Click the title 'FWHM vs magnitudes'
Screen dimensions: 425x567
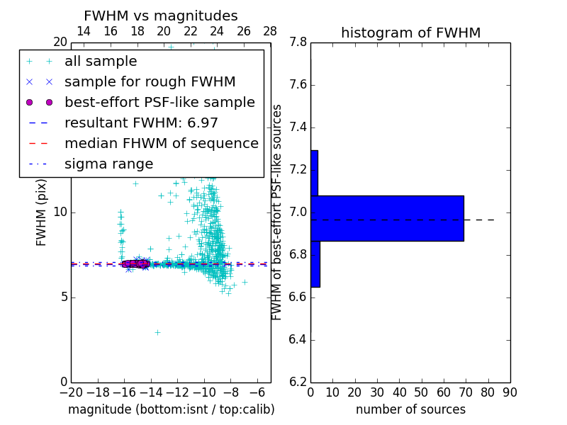[x=160, y=16]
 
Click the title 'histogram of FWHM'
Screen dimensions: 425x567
[x=410, y=33]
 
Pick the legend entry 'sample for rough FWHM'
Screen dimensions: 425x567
[x=150, y=81]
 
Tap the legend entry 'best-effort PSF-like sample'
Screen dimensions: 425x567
[x=159, y=102]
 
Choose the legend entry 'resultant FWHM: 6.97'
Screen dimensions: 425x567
[x=141, y=123]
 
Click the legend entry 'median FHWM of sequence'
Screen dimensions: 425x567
[x=161, y=143]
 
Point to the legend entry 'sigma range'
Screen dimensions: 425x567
[x=108, y=164]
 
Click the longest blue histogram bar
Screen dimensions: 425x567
[x=387, y=218]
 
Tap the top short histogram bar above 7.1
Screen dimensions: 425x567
[x=314, y=173]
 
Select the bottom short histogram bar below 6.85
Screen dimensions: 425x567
[x=315, y=264]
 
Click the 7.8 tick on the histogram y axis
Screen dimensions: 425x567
[x=298, y=42]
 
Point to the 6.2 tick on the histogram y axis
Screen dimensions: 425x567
[x=298, y=382]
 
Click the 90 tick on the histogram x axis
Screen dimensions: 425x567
[x=510, y=392]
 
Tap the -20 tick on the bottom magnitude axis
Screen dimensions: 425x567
[x=71, y=392]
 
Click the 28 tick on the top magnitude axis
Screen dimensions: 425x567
[x=270, y=31]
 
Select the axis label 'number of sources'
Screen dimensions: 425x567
[x=410, y=409]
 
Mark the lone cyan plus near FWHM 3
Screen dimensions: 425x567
[x=157, y=332]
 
